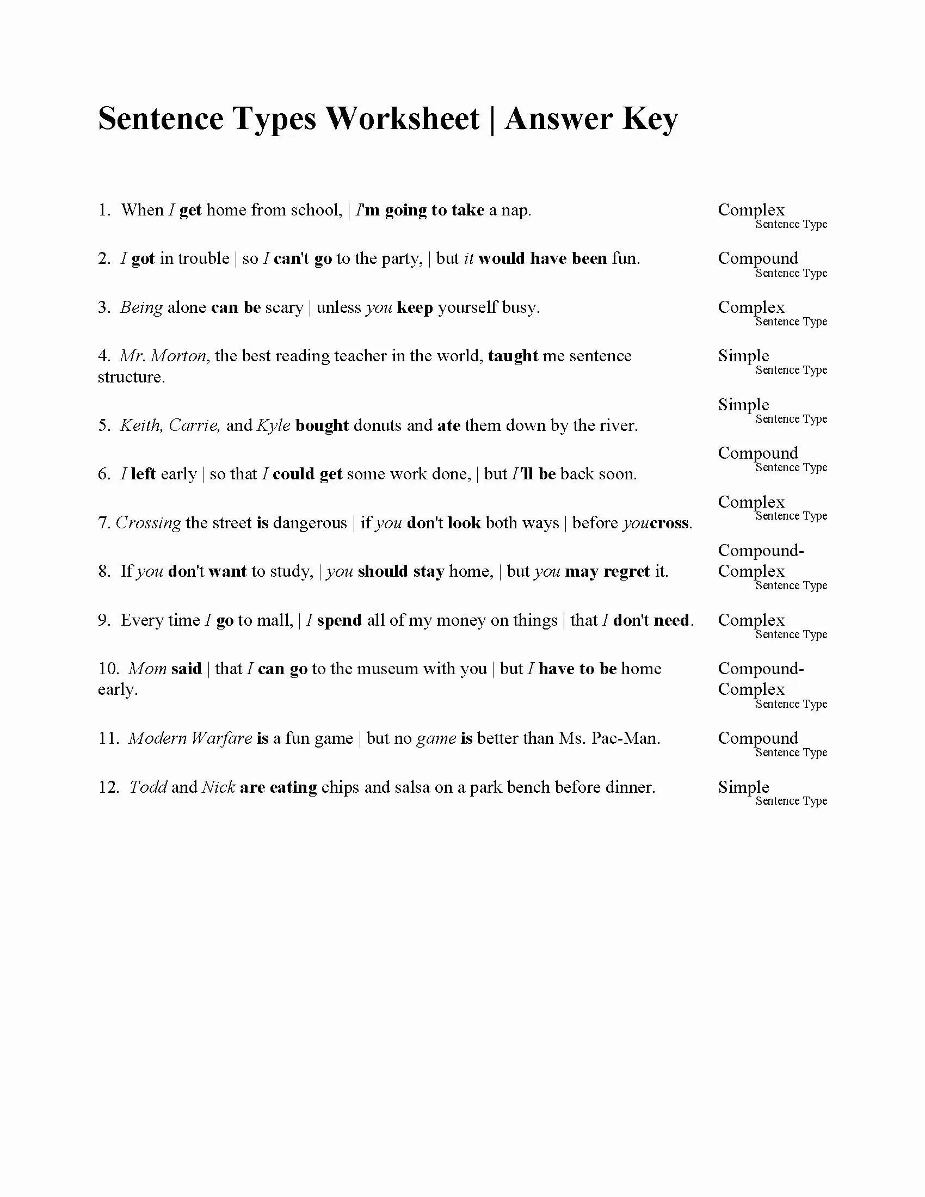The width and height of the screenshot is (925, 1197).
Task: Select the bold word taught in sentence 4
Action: tap(513, 356)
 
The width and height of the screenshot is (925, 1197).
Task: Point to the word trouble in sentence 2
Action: tap(203, 258)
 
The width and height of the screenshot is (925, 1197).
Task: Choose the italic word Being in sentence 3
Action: tap(141, 307)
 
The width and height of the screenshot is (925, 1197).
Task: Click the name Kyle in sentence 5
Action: tap(274, 426)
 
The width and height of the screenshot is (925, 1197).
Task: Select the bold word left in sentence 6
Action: tap(143, 474)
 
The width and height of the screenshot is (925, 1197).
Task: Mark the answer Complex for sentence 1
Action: tap(751, 210)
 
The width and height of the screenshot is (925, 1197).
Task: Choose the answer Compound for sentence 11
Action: tap(758, 738)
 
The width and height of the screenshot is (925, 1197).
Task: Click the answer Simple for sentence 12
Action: tap(744, 787)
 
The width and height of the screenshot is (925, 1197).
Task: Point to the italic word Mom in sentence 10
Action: tap(147, 669)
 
